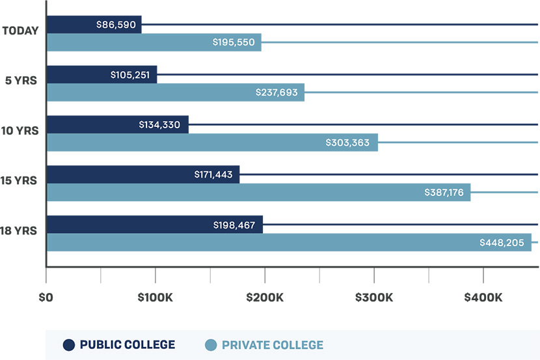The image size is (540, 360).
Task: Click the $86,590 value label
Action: click(x=115, y=25)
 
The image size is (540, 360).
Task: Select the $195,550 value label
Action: click(x=233, y=42)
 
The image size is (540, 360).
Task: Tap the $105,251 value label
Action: click(x=131, y=75)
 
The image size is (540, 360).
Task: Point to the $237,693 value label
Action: click(x=277, y=92)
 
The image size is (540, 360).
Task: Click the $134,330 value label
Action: click(x=162, y=124)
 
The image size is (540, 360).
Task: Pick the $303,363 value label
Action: click(x=351, y=143)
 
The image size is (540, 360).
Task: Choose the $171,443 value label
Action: click(x=213, y=174)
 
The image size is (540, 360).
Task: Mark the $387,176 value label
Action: click(x=443, y=193)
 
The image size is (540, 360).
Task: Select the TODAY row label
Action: click(x=21, y=31)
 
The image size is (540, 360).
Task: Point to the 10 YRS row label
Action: click(x=21, y=130)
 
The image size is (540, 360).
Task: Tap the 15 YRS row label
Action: click(x=21, y=180)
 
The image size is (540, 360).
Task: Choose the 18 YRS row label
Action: click(x=21, y=230)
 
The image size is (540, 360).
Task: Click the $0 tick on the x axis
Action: click(x=46, y=298)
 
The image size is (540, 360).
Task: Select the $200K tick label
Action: click(x=264, y=298)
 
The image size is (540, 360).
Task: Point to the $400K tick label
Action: click(x=482, y=298)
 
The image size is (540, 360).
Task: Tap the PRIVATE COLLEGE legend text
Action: click(x=272, y=344)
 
